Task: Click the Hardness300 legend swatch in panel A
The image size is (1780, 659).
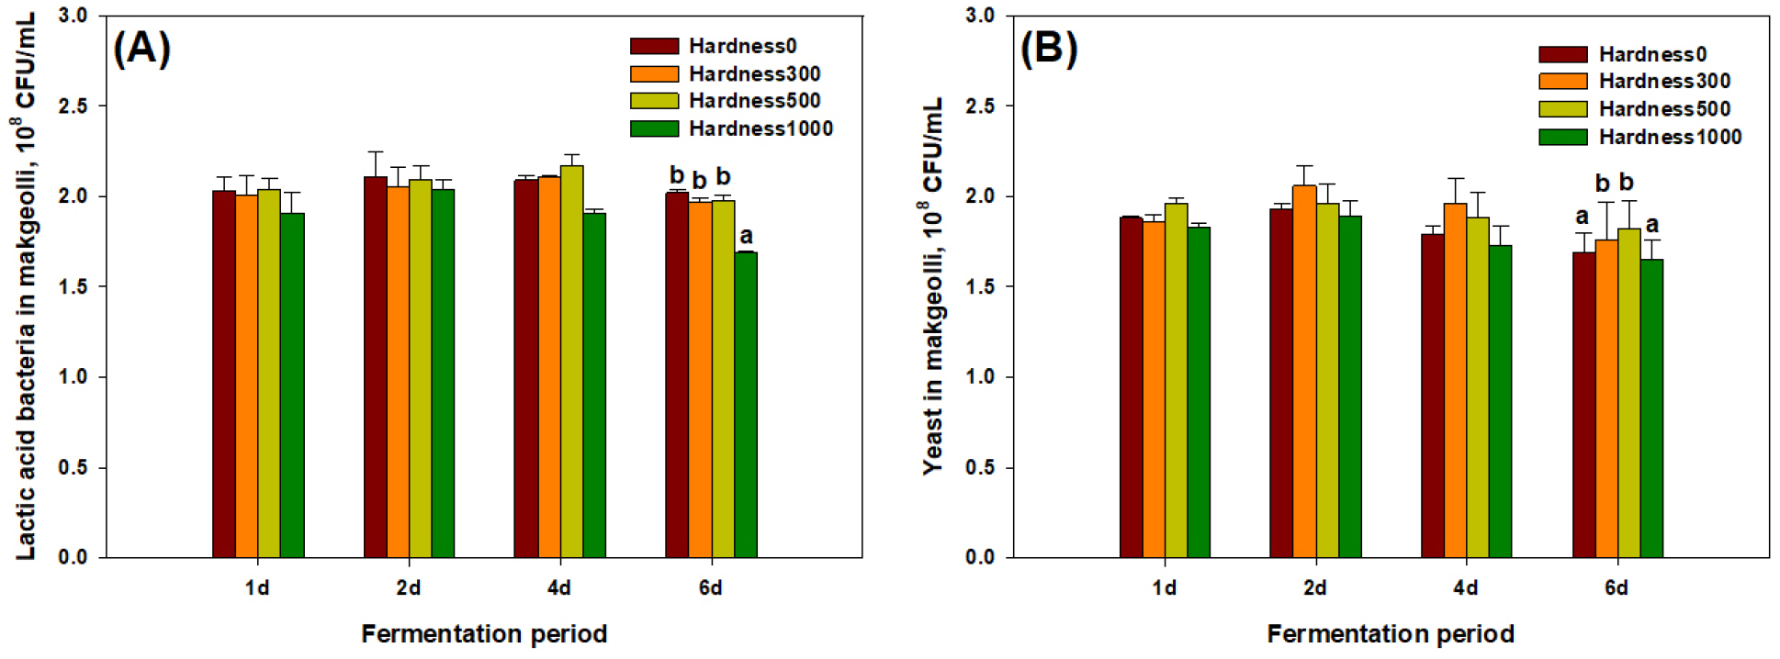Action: (654, 73)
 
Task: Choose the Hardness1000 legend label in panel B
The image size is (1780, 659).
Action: (1670, 137)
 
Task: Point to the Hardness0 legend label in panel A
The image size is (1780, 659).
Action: (742, 46)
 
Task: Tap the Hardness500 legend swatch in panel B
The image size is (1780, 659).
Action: (1562, 109)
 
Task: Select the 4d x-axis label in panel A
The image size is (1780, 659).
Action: (558, 587)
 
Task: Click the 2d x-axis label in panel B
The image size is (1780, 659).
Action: (1314, 587)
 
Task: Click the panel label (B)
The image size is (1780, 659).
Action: (1049, 48)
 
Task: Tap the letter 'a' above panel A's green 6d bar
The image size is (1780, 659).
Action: (746, 236)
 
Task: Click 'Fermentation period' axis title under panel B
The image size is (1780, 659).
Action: (1390, 633)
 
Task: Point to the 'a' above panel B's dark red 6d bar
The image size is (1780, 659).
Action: (1582, 217)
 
